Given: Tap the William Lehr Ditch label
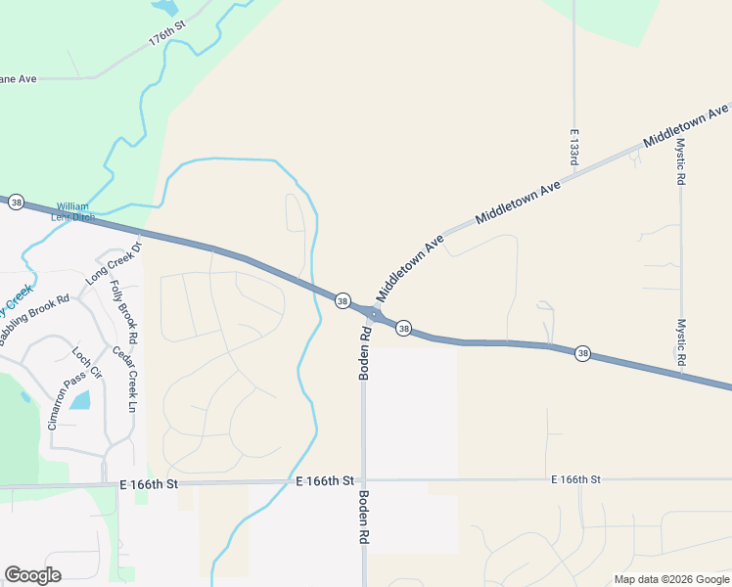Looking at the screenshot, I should pos(73,211).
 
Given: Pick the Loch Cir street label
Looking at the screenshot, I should pos(87,361).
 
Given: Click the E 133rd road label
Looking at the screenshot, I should pos(574,144).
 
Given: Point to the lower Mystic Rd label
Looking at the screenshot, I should pos(681,341).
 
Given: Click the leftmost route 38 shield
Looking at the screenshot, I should pos(17,202).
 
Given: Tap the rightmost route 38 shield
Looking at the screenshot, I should pos(582,353).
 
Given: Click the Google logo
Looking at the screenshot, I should pos(32,575).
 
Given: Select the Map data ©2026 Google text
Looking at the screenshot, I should pos(670,579).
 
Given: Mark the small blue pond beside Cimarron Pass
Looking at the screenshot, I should pos(80,399).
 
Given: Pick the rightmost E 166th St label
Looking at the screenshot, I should pos(575,479).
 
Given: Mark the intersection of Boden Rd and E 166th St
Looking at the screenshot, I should pos(363,480).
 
